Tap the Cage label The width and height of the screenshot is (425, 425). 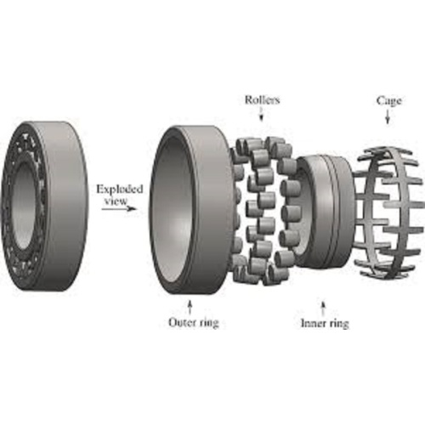point(388,100)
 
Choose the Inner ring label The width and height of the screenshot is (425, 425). point(326,323)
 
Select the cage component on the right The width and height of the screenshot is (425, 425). point(388,208)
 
